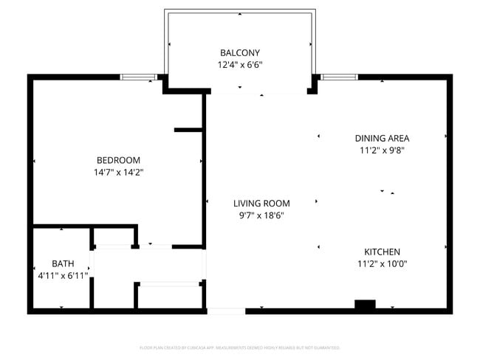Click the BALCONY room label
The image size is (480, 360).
pos(240,52)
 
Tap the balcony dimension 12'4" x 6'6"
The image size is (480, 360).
pos(240,65)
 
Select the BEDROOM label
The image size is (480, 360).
pos(118,160)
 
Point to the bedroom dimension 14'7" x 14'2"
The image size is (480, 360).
pos(118,173)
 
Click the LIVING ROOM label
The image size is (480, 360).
pos(261,203)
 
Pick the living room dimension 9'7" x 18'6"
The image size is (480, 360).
pos(261,215)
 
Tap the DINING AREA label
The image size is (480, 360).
pos(382,138)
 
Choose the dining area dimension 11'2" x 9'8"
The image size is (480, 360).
pos(382,150)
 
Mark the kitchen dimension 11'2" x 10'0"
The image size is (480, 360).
pos(382,264)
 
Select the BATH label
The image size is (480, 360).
pos(63,263)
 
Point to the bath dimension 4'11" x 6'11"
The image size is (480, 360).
pos(63,276)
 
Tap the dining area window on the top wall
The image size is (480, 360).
pos(339,76)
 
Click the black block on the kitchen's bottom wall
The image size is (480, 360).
pos(365,304)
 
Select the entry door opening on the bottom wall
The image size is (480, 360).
pos(226,311)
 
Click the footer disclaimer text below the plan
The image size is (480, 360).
pos(240,347)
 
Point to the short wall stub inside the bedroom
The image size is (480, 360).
pos(188,130)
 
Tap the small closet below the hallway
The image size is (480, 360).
pos(171,295)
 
